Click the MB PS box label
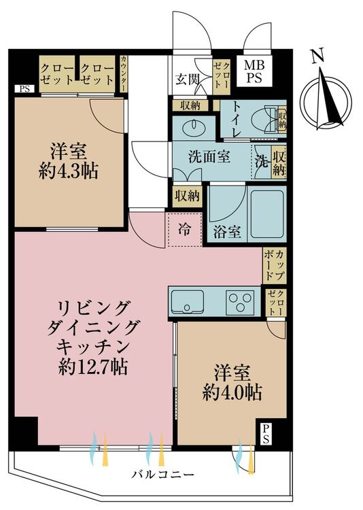point(254,71)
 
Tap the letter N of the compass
point(317,56)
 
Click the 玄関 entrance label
point(187,79)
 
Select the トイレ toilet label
point(236,119)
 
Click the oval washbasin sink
point(194,127)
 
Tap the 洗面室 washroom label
point(209,158)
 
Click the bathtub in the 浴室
point(266,214)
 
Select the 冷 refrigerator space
point(184,230)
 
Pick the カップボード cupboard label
point(275,265)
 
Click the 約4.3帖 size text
point(68,171)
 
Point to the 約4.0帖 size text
point(232,393)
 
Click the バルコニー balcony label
point(162,475)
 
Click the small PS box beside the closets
point(24,88)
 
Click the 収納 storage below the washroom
point(188,196)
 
